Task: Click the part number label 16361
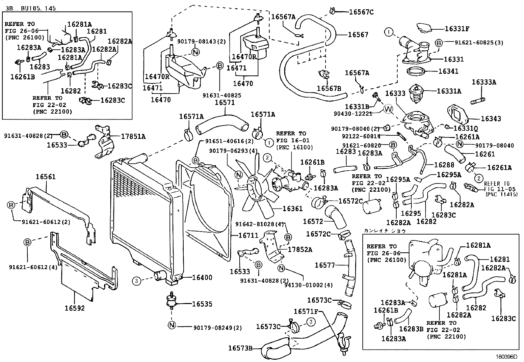click(x=292, y=209)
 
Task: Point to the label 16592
click(x=74, y=308)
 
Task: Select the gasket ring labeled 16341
click(x=416, y=71)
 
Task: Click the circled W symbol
click(x=388, y=109)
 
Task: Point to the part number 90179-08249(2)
click(x=218, y=328)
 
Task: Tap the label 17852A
click(x=300, y=249)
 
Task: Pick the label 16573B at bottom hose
click(x=240, y=348)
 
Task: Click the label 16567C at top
click(x=361, y=12)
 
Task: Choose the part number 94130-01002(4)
click(x=309, y=285)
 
